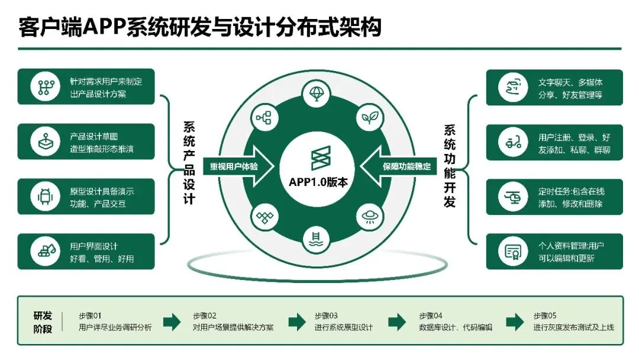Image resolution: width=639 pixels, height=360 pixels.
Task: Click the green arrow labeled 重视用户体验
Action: tap(235, 166)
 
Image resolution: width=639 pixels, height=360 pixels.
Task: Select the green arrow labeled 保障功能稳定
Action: tap(405, 166)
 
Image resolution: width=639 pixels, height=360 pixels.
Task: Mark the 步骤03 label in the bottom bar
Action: tap(325, 315)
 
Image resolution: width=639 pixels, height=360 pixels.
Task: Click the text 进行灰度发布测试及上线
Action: tap(573, 327)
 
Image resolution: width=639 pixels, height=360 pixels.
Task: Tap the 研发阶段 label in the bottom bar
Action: tap(43, 322)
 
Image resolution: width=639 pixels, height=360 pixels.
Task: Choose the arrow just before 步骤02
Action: tap(172, 322)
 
